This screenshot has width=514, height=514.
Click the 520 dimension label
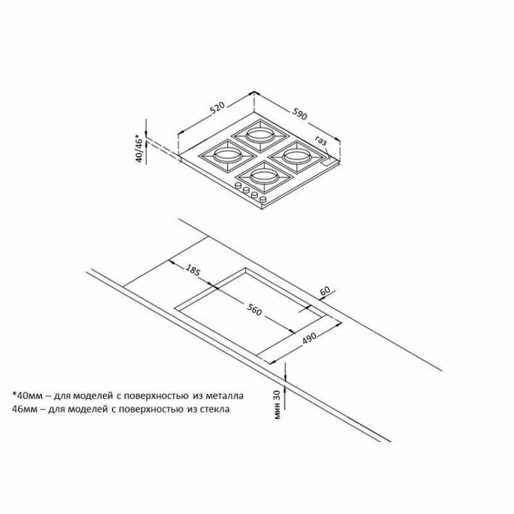tap(218, 110)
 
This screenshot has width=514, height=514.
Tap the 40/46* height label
tap(140, 149)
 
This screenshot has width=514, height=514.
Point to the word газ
tap(321, 140)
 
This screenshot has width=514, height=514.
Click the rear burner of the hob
tap(260, 134)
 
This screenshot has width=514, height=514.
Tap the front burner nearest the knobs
tap(264, 177)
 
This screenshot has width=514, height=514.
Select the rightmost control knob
tap(262, 199)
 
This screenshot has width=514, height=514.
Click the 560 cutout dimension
tap(255, 312)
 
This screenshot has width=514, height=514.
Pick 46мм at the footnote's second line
tap(27, 409)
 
